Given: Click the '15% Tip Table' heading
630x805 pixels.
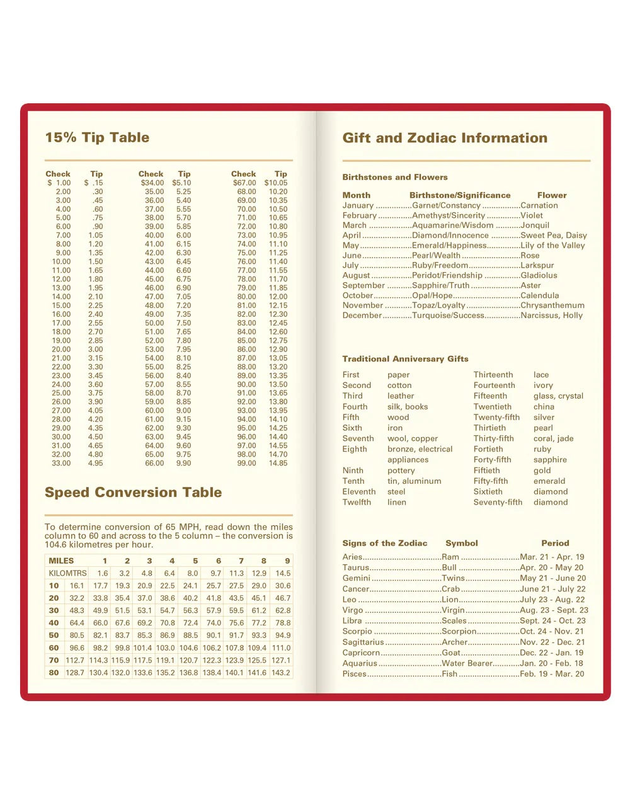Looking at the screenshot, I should pyautogui.click(x=97, y=137).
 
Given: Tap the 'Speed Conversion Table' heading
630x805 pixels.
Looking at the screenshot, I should pyautogui.click(x=133, y=492).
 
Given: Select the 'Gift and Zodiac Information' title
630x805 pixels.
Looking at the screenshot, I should pyautogui.click(x=445, y=138).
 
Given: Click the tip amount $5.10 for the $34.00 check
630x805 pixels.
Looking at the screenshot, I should pyautogui.click(x=181, y=183).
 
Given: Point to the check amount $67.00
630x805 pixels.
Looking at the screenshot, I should pyautogui.click(x=244, y=183).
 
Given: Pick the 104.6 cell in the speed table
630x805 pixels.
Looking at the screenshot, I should pyautogui.click(x=188, y=648).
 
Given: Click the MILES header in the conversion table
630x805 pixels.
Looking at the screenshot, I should pyautogui.click(x=61, y=561).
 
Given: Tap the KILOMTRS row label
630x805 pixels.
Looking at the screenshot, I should pyautogui.click(x=67, y=573).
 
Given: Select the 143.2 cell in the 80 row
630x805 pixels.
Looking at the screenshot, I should pyautogui.click(x=281, y=673).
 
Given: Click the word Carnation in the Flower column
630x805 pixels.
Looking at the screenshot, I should pyautogui.click(x=539, y=205).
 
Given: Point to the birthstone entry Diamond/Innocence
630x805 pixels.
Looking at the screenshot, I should pyautogui.click(x=450, y=235).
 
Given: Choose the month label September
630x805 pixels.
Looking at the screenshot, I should pyautogui.click(x=364, y=285).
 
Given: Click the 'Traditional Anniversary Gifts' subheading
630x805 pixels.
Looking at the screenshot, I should pyautogui.click(x=405, y=359).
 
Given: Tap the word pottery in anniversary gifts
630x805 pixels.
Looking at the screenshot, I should pyautogui.click(x=401, y=471).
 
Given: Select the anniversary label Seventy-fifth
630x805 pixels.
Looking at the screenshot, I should pyautogui.click(x=498, y=502).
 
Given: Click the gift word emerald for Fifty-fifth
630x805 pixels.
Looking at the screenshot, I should pyautogui.click(x=549, y=481).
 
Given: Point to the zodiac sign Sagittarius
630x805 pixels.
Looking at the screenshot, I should pyautogui.click(x=363, y=642).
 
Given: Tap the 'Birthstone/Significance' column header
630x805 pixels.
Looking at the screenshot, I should pyautogui.click(x=460, y=195).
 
